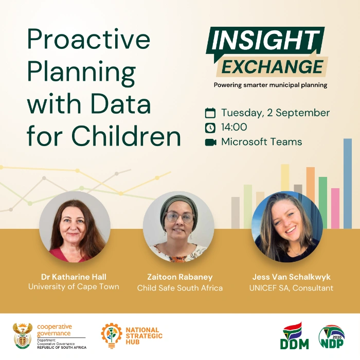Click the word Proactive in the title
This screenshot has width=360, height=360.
click(x=89, y=39)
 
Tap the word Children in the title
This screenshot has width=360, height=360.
click(x=127, y=136)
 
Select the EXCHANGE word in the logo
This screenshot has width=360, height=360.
click(x=273, y=66)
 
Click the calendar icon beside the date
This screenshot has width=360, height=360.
click(x=210, y=113)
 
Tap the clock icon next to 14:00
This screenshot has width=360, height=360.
click(x=210, y=128)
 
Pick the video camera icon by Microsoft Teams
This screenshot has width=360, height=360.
click(x=210, y=142)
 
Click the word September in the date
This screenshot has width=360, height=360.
click(x=302, y=113)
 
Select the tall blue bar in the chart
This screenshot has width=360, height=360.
click(x=348, y=183)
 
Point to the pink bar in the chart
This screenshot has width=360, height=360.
click(x=335, y=208)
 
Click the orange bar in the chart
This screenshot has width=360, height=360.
click(x=311, y=184)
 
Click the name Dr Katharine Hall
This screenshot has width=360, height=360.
click(x=74, y=277)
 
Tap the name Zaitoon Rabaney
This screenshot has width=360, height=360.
click(x=180, y=277)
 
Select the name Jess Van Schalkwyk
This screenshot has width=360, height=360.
click(x=292, y=277)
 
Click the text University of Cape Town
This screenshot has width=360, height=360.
click(x=74, y=287)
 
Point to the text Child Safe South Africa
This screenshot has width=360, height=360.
click(x=180, y=288)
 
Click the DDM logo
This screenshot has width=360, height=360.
click(x=294, y=335)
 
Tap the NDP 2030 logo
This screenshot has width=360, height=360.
click(x=332, y=336)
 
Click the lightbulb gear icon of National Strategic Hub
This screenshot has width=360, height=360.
click(x=112, y=336)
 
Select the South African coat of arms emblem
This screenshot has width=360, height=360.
click(x=23, y=336)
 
